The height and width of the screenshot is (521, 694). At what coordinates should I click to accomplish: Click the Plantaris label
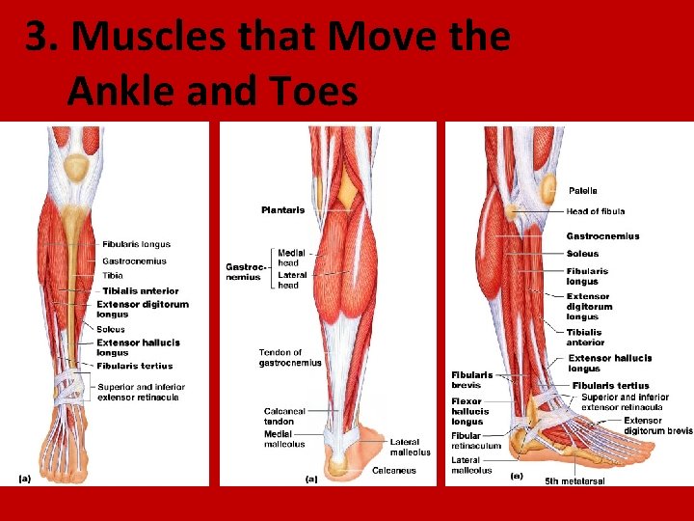pyautogui.click(x=282, y=209)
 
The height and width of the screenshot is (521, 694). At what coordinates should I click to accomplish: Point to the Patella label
pyautogui.click(x=582, y=191)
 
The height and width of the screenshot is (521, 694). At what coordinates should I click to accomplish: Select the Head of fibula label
pyautogui.click(x=596, y=211)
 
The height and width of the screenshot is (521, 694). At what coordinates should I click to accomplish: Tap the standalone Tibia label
pyautogui.click(x=113, y=275)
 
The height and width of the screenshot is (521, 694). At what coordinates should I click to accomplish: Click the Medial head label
pyautogui.click(x=291, y=258)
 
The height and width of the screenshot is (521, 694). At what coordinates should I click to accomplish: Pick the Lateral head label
pyautogui.click(x=291, y=280)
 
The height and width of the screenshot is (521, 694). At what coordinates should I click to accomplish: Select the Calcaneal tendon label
pyautogui.click(x=285, y=417)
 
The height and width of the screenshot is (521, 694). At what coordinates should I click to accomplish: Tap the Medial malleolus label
pyautogui.click(x=284, y=439)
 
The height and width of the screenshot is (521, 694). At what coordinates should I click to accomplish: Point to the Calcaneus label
pyautogui.click(x=394, y=471)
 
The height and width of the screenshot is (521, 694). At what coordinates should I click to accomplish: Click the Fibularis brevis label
pyautogui.click(x=472, y=380)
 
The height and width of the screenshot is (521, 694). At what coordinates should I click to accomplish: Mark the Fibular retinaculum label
pyautogui.click(x=476, y=441)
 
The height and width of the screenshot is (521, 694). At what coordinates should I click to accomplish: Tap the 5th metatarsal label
pyautogui.click(x=575, y=480)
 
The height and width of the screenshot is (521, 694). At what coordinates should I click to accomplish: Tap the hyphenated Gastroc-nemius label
pyautogui.click(x=243, y=271)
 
